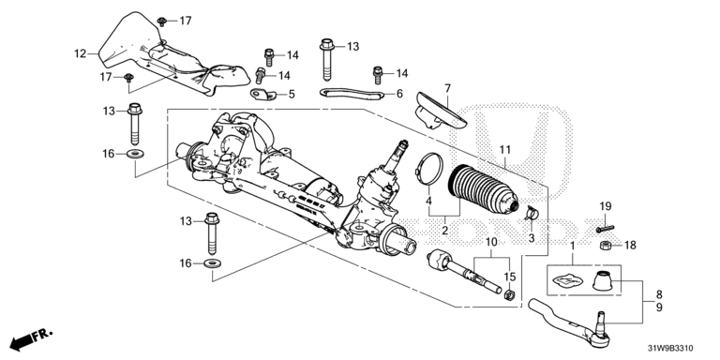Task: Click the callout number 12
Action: (x=81, y=53)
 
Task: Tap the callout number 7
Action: (x=448, y=88)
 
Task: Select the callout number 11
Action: (x=505, y=149)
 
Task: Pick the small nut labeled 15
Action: (x=508, y=294)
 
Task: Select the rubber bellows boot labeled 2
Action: (x=483, y=189)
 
